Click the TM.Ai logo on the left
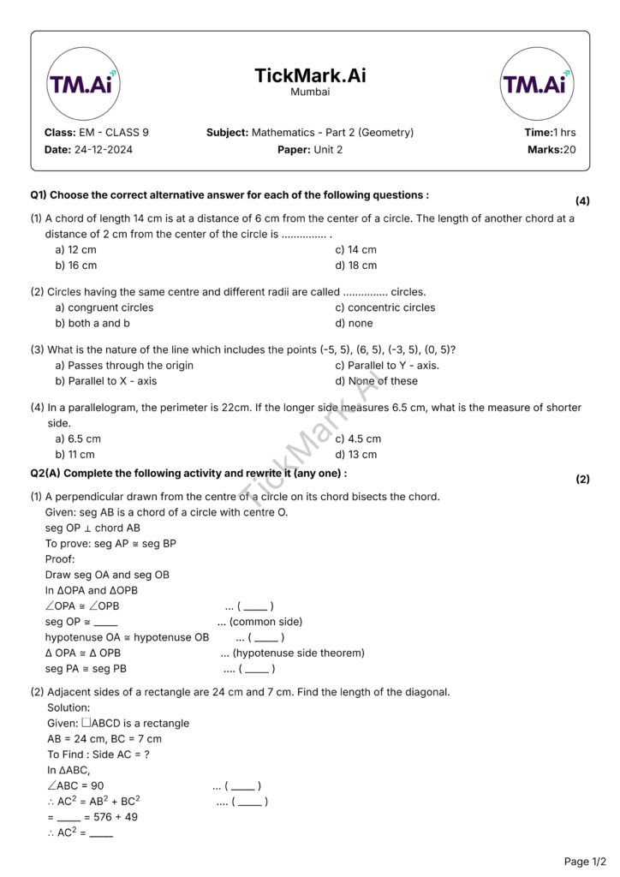[83, 83]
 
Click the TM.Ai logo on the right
[537, 83]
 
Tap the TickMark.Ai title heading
[310, 75]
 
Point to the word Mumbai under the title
[310, 92]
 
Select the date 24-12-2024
[104, 149]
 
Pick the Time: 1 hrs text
[550, 133]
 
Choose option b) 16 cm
[76, 265]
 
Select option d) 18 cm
[356, 265]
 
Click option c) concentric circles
[385, 307]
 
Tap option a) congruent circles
[104, 307]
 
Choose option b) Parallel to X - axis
[106, 381]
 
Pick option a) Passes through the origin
[124, 366]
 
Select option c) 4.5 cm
[358, 438]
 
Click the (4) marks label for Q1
[582, 201]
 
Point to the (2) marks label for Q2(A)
[582, 480]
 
